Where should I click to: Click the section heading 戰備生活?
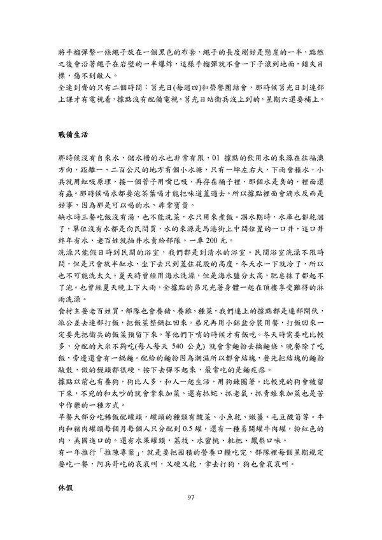click(x=69, y=136)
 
